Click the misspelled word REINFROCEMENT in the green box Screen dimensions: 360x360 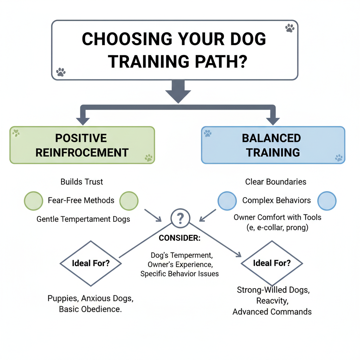82,153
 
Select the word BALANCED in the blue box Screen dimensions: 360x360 271,138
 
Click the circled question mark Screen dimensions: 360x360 180,218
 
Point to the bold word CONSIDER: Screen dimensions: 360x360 180,238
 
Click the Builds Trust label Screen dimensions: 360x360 82,182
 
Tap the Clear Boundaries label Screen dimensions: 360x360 276,182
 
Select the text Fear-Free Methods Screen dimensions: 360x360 81,200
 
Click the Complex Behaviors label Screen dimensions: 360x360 277,200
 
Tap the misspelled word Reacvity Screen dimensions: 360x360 272,301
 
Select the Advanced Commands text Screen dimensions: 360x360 272,311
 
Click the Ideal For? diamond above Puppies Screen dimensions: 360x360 90,263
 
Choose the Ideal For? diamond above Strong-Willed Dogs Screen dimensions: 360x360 272,263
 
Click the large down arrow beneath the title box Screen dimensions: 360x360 178,92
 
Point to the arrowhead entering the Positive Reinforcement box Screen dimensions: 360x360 83,121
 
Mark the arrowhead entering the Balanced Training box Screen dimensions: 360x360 272,121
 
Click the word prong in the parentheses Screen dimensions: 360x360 297,227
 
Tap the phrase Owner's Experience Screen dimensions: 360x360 180,264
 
